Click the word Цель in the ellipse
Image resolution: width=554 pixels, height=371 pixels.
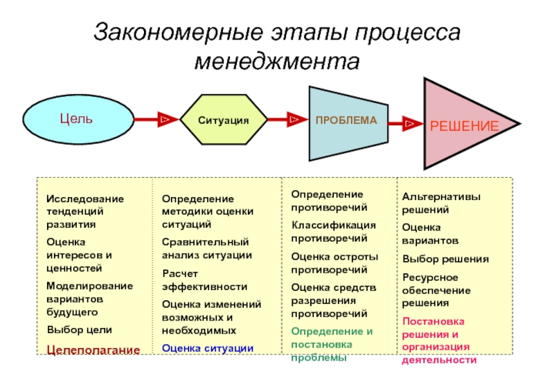pos(76,118)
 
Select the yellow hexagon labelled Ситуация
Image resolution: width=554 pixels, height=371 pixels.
pos(224,119)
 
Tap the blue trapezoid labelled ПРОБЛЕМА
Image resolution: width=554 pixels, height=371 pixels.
pos(348,123)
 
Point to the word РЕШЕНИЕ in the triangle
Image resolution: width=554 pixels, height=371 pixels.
pos(464,126)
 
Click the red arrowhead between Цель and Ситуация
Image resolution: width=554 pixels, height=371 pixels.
pos(168,119)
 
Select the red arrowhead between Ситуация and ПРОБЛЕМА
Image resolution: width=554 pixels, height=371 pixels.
pos(297,119)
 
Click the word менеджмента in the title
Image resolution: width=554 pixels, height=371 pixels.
pos(277,62)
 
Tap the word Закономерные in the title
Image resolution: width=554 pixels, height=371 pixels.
pos(179,32)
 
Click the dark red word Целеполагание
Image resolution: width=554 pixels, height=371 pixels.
pos(93,350)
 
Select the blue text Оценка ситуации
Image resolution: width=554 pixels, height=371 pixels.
pos(208,348)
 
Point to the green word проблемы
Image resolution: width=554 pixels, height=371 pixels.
pos(319,358)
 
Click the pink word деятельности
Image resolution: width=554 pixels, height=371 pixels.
pos(439,360)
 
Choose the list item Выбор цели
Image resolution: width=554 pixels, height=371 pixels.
pos(80,329)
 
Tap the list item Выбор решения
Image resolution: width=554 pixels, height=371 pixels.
pos(445,259)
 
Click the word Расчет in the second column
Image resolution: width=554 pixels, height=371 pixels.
pos(180,273)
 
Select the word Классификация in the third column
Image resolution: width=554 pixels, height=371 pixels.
pos(334,225)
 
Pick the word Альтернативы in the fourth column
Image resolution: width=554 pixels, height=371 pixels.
pos(441,197)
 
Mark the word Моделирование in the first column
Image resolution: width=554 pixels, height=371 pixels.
pos(90,286)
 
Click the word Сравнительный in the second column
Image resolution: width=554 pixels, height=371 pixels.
pos(205,242)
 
